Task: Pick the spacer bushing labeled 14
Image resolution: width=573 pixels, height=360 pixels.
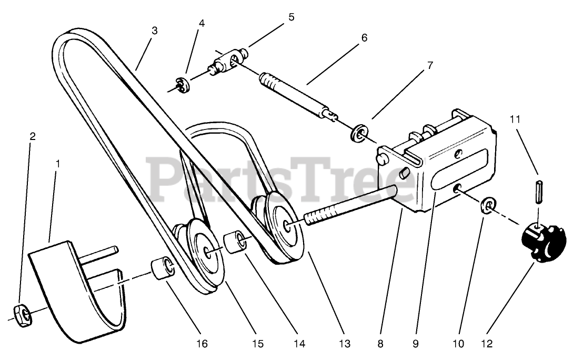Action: coord(235,242)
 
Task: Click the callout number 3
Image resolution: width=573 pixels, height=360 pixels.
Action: coord(154,30)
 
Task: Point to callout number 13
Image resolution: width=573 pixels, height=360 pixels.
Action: coord(345,344)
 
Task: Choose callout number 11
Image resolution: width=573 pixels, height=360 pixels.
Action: coord(515,119)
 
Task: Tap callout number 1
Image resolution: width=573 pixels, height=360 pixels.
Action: coord(57,164)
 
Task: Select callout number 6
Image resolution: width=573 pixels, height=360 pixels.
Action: coord(364,38)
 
